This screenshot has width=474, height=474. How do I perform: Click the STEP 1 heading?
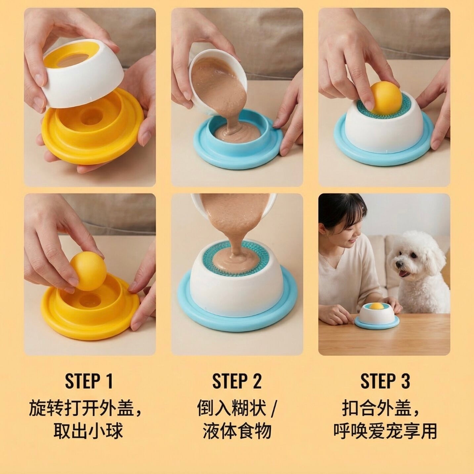(89, 381)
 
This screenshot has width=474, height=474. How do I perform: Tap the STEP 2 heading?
(237, 381)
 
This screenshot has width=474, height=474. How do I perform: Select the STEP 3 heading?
(385, 381)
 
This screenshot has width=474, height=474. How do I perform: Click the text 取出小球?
(88, 430)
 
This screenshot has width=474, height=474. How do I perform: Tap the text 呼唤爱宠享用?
(385, 430)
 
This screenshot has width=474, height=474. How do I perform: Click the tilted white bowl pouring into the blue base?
(214, 82)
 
